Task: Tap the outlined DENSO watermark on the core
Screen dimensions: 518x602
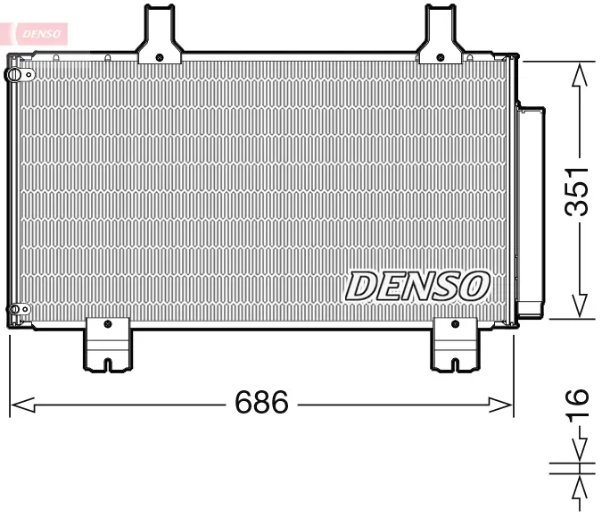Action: point(417,286)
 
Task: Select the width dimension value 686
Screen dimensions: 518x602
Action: point(261,404)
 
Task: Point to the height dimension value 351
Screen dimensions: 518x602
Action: point(580,190)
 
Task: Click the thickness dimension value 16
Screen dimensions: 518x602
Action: point(580,404)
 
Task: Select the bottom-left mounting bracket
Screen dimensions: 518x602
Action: point(107,344)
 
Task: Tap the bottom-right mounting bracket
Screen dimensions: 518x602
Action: point(456,344)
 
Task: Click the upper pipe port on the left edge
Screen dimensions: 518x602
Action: point(13,75)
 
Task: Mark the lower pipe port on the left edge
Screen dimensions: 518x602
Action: point(13,310)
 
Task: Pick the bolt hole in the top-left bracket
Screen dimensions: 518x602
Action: point(159,57)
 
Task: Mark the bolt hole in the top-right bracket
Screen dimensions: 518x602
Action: point(441,57)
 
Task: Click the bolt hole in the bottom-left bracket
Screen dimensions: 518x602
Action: point(107,324)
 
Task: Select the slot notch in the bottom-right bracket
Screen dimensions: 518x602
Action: point(456,363)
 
